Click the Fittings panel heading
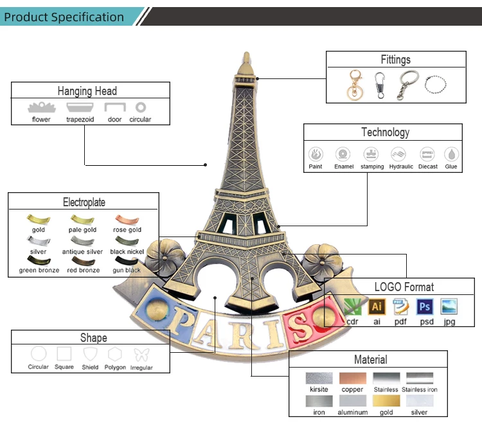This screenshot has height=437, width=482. [395, 60]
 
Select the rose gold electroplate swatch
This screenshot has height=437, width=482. [127, 220]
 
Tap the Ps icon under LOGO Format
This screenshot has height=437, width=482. [424, 307]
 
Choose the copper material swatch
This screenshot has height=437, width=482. [352, 379]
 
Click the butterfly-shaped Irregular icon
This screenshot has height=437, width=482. [141, 354]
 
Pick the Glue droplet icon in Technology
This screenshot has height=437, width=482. [451, 154]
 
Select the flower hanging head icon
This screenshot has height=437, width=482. [41, 107]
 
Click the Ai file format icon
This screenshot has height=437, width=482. [377, 307]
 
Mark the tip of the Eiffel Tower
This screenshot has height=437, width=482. [245, 53]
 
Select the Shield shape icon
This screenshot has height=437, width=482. [90, 354]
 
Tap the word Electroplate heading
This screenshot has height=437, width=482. [84, 202]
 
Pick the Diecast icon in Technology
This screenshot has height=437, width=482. [427, 154]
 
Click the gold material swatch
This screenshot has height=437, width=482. [386, 400]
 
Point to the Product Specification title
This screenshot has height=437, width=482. [64, 17]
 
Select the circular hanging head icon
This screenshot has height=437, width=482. [140, 107]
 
